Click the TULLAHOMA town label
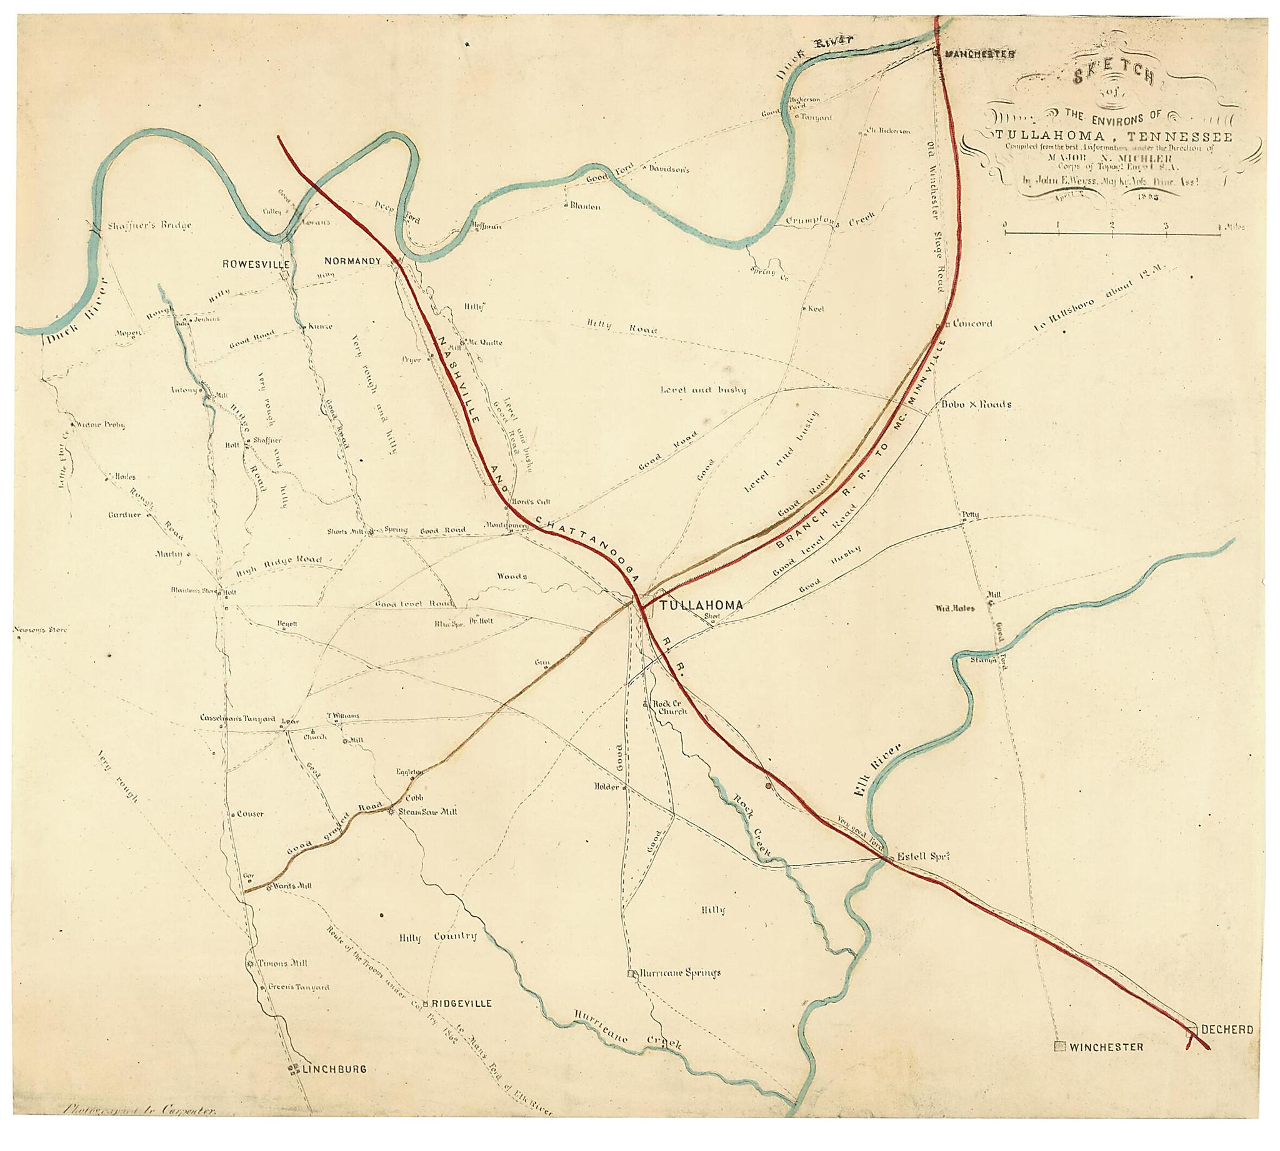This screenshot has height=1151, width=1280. pos(701,605)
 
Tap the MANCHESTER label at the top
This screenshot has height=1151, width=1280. pos(979,54)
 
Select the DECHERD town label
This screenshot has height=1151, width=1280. pos(1226,1047)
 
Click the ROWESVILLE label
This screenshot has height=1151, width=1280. pos(256,264)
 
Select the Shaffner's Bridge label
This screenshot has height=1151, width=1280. pos(149,225)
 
